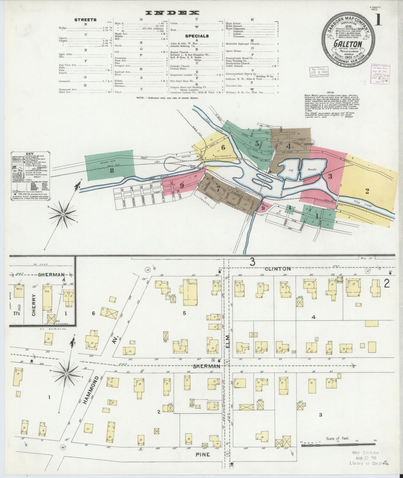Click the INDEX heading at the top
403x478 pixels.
coord(172,13)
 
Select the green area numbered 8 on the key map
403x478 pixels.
coord(112,171)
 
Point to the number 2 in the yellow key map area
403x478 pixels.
coord(367,191)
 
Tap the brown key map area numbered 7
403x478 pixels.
coord(218,189)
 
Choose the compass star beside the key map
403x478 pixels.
coord(63,214)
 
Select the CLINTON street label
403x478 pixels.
coord(277,269)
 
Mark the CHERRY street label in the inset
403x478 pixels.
coord(34,305)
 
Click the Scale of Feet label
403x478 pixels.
coord(337,439)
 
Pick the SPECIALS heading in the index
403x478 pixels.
coord(197,36)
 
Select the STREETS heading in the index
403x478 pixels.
coord(85,20)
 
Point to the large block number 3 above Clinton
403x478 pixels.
coord(252,262)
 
